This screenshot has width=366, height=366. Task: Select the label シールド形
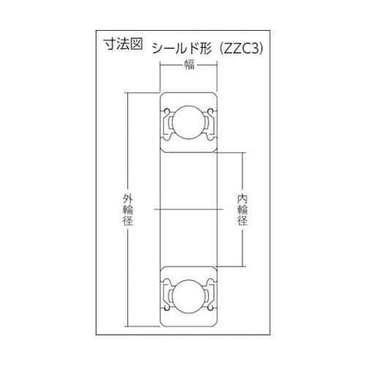point(179,48)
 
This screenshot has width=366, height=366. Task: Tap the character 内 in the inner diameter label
point(242,198)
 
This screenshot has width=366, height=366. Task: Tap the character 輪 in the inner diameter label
point(242,210)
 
